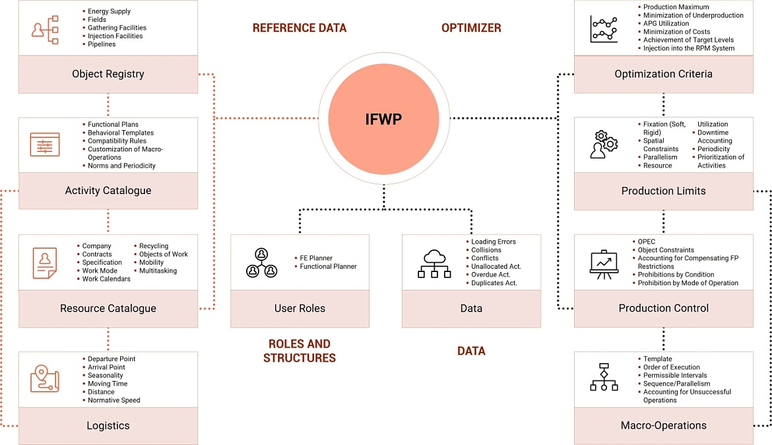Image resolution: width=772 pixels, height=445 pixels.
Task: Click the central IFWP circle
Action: coord(383,119)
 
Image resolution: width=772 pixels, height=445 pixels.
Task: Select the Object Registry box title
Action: coord(108,74)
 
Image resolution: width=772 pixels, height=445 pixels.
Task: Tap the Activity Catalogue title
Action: coord(108,191)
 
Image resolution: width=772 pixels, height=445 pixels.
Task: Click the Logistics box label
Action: coord(108,426)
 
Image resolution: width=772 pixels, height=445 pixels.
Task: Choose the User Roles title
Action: coord(300,308)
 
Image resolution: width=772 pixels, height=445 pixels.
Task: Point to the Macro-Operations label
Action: coord(663,426)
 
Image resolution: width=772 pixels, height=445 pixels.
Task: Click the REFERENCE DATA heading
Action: coord(299,28)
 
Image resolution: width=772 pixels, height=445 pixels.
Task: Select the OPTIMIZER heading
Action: coord(470,28)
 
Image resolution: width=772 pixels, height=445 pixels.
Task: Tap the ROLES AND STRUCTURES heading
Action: coord(300,351)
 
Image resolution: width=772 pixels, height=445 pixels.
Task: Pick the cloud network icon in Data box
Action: coord(434,263)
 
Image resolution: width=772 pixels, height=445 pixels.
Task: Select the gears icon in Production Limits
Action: coord(604,145)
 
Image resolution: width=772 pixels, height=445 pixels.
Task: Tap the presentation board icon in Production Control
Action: coord(604,263)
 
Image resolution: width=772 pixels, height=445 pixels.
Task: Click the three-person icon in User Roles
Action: coord(261,262)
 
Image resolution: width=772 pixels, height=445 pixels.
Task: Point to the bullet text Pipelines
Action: coord(102,44)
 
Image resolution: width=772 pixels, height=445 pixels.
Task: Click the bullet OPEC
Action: coord(647,242)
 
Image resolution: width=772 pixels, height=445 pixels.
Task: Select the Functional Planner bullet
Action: coord(328,267)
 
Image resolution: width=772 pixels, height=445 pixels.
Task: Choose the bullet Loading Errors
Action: coord(493,242)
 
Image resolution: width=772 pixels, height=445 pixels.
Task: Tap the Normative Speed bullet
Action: coord(113,400)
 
